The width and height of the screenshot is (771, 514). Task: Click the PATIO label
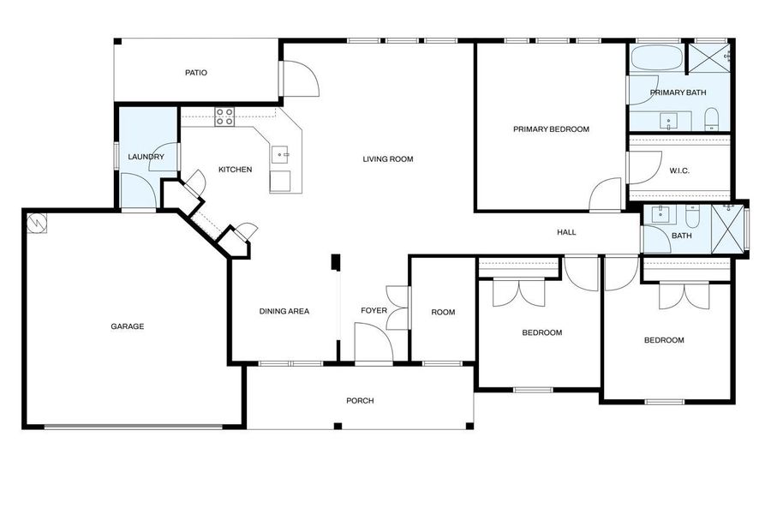[196, 73]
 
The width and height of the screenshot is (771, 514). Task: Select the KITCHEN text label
[235, 170]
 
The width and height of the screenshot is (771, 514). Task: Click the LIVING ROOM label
[388, 158]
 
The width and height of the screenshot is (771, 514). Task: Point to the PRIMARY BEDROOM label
[551, 129]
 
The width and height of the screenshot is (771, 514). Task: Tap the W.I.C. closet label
[679, 170]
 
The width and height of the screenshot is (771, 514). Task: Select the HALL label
[566, 232]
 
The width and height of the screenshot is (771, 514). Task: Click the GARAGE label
[127, 326]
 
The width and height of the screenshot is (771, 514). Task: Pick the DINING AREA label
[284, 311]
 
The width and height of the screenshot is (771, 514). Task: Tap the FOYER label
[374, 311]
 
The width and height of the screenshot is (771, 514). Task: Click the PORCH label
[360, 401]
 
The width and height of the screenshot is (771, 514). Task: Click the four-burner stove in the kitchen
[224, 116]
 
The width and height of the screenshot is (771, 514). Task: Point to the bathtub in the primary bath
[657, 59]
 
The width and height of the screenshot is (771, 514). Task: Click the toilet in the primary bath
[711, 121]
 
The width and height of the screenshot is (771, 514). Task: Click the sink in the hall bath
[660, 215]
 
